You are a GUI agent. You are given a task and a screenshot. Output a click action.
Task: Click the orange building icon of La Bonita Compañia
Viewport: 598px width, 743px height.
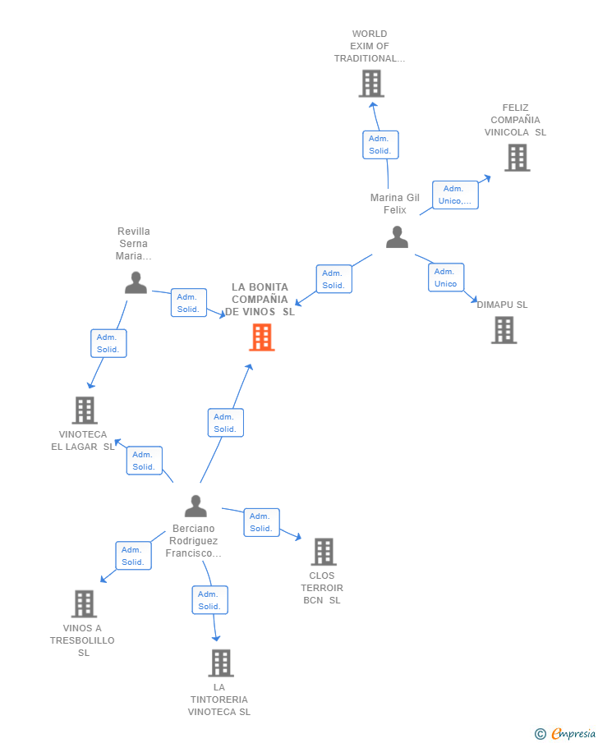[x=261, y=337]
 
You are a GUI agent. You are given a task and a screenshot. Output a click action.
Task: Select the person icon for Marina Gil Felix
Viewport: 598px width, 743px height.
[x=397, y=237]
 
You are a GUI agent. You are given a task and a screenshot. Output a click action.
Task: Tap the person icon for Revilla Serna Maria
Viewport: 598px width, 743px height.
[x=136, y=282]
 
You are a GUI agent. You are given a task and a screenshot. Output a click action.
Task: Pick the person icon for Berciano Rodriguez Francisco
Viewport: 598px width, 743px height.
[x=195, y=506]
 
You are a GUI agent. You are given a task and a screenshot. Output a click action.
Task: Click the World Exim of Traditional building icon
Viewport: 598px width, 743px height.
[x=371, y=84]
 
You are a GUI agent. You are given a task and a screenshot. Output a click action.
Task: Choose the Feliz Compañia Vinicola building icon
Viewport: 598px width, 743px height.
[x=517, y=158]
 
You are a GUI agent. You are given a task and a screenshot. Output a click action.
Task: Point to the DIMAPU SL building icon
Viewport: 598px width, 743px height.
[x=504, y=330]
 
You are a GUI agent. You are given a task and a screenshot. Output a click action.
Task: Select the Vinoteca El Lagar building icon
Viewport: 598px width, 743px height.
[x=85, y=410]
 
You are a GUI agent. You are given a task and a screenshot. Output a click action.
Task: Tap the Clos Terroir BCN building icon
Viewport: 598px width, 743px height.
[x=324, y=552]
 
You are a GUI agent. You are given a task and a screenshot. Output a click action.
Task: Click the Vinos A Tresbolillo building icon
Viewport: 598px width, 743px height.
[x=84, y=603]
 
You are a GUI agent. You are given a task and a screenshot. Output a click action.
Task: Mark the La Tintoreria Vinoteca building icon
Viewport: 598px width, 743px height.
[x=220, y=663]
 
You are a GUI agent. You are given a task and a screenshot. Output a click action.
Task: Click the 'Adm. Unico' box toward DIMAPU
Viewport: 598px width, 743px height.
[x=446, y=277]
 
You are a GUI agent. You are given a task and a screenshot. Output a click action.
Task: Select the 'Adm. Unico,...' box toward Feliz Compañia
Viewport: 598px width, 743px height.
[x=455, y=195]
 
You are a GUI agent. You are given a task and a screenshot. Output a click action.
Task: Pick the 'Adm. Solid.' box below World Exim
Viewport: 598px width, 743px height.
[x=380, y=144]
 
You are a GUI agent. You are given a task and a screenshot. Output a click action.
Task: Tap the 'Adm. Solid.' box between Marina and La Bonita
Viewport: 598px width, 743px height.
[x=333, y=279]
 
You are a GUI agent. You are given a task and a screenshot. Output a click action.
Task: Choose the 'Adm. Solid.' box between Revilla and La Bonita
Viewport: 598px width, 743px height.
[x=189, y=303]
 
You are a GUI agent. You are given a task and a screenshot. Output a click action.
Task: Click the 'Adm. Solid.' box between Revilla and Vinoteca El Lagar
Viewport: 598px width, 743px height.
[x=108, y=343]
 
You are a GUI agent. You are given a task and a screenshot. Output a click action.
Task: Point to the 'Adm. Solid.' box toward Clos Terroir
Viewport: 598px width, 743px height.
[x=261, y=522]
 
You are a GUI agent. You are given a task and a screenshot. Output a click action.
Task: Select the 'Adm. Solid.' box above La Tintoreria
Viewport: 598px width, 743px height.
[x=209, y=600]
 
